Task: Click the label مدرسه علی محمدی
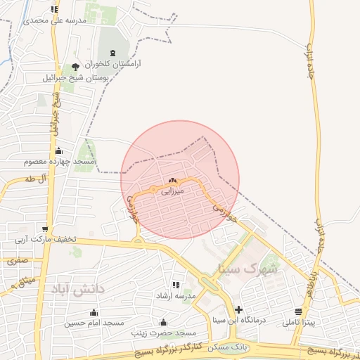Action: click(56, 20)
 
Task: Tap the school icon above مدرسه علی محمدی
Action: click(55, 9)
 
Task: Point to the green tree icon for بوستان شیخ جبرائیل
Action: click(75, 67)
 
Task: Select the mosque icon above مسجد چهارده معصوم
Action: click(58, 150)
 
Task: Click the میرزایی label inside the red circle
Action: click(172, 191)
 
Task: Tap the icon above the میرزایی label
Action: click(172, 181)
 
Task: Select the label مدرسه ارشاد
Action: click(176, 295)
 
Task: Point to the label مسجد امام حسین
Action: click(94, 323)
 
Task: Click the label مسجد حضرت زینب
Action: click(167, 332)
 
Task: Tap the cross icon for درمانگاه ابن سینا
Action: click(239, 309)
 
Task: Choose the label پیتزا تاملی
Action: click(299, 323)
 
